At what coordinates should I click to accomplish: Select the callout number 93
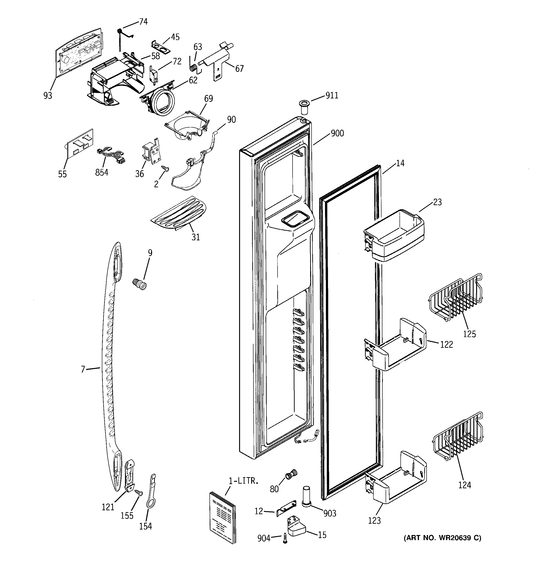[x=48, y=95]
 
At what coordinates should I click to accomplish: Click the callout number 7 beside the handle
[x=83, y=369]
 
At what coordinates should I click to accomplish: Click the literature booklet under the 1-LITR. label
[x=222, y=517]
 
